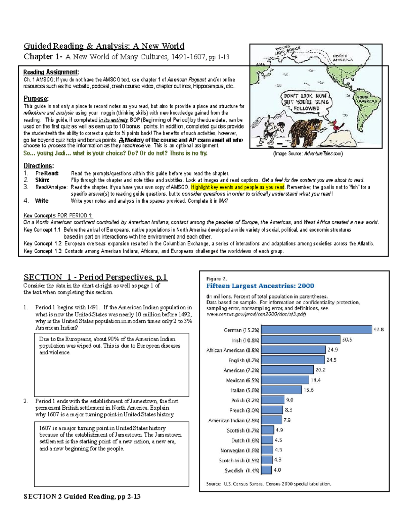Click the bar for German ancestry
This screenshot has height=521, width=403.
[x=316, y=330]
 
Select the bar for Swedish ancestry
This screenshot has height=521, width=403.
[x=266, y=470]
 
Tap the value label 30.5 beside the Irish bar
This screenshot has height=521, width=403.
[x=347, y=340]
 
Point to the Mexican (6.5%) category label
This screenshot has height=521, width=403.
[x=242, y=380]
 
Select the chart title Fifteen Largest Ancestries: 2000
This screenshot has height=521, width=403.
[x=260, y=286]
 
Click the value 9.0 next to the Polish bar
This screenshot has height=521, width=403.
[x=289, y=400]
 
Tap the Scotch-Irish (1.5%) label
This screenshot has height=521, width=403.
[x=239, y=460]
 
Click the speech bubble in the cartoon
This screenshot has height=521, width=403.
[x=306, y=102]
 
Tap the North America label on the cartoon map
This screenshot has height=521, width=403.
[x=343, y=58]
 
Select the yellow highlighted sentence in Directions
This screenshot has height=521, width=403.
[x=237, y=187]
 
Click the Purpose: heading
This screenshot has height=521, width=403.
[x=36, y=99]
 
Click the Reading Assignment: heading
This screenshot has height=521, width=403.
[x=51, y=72]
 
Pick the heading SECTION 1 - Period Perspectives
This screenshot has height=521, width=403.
[x=95, y=277]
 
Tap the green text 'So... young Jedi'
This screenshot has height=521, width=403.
[x=115, y=153]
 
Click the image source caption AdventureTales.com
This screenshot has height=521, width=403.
[x=308, y=154]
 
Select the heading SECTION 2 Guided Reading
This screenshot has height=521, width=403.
[x=82, y=496]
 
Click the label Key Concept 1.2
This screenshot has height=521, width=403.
[x=43, y=244]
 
